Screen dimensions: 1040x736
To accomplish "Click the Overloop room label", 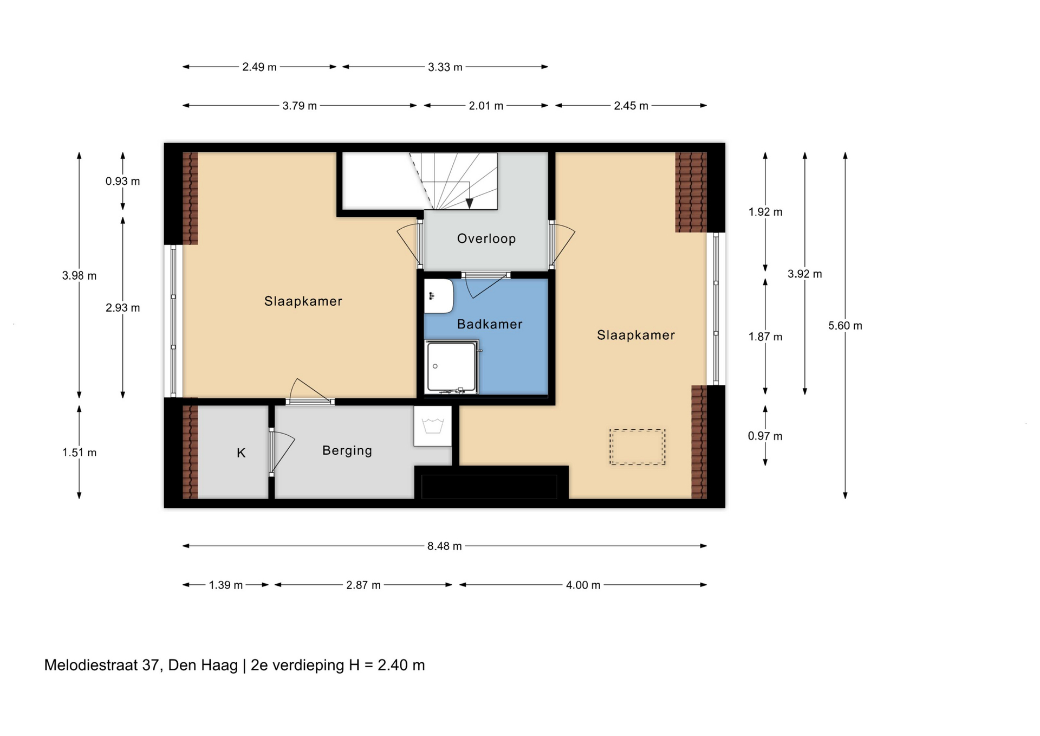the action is pyautogui.click(x=486, y=238).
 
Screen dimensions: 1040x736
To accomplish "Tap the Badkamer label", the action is pyautogui.click(x=490, y=324).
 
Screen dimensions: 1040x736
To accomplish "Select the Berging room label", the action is pyautogui.click(x=347, y=450).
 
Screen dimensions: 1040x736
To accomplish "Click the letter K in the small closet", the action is pyautogui.click(x=241, y=453).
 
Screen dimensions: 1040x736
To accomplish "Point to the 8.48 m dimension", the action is pyautogui.click(x=444, y=546).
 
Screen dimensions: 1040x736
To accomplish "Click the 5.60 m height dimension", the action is pyautogui.click(x=845, y=325).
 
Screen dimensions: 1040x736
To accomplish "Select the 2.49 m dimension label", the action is pyautogui.click(x=259, y=67).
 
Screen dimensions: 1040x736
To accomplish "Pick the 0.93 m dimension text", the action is pyautogui.click(x=122, y=181).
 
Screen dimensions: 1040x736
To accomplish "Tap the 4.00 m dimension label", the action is pyautogui.click(x=583, y=585).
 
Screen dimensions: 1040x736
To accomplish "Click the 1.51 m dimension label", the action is pyautogui.click(x=79, y=452).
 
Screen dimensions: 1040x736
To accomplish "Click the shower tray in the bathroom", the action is pyautogui.click(x=452, y=366).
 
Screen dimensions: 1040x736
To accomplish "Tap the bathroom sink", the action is pyautogui.click(x=438, y=296).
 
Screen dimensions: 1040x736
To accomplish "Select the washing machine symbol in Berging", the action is pyautogui.click(x=433, y=426).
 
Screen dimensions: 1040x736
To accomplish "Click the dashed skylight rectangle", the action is pyautogui.click(x=637, y=447).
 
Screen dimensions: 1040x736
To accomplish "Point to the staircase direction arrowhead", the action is pyautogui.click(x=469, y=203).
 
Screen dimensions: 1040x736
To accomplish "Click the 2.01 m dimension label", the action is pyautogui.click(x=486, y=106).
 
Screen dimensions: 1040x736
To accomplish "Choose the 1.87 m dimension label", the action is pyautogui.click(x=765, y=337).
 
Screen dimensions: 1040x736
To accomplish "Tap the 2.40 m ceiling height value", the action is pyautogui.click(x=401, y=665).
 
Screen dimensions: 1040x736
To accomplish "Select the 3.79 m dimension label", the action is pyautogui.click(x=299, y=106).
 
